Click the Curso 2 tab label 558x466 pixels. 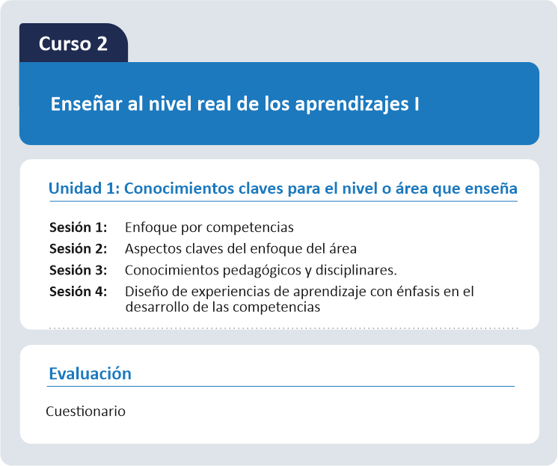[73, 44]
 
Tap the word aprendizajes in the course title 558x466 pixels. [352, 105]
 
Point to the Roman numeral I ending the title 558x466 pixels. [417, 104]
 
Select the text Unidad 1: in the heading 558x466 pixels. [85, 188]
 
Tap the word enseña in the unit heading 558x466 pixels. [492, 188]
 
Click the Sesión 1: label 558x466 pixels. [79, 227]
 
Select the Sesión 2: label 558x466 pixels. [79, 248]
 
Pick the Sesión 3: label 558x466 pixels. [79, 270]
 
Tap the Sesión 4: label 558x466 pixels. [79, 292]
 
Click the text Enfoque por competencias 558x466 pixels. [209, 227]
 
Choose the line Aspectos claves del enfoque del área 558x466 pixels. [241, 248]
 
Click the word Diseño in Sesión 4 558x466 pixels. [147, 292]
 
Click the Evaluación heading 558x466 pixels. [90, 373]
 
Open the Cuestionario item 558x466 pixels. [85, 411]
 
